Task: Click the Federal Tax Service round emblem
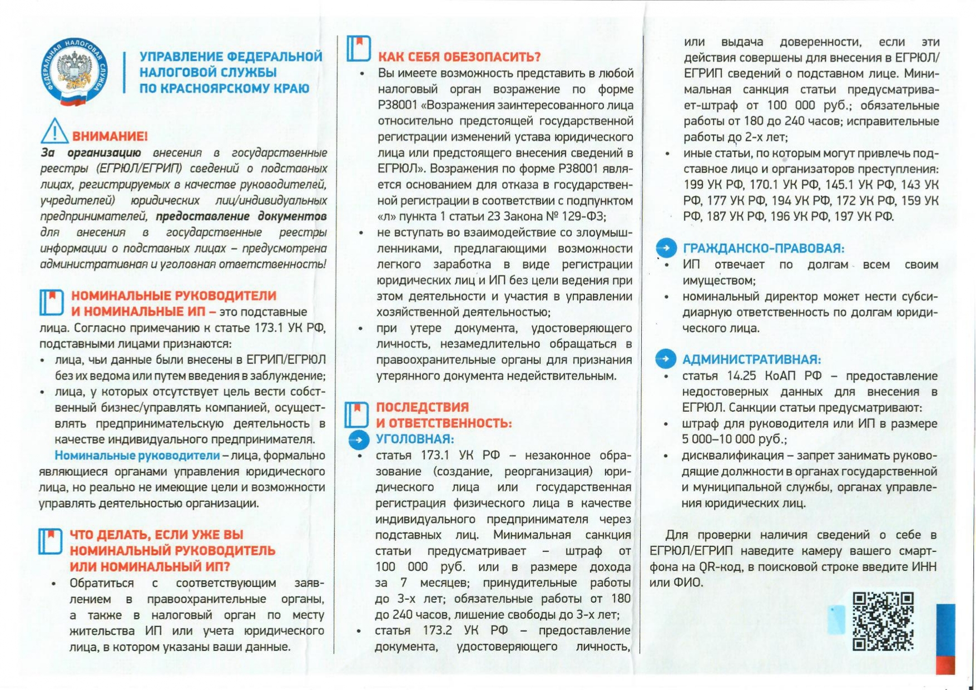click(x=74, y=72)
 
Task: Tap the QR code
click(x=883, y=621)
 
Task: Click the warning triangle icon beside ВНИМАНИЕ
click(x=54, y=131)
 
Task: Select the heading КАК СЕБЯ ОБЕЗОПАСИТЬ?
click(x=459, y=57)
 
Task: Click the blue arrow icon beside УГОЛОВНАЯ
click(x=359, y=440)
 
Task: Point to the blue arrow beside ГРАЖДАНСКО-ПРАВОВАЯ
click(x=666, y=248)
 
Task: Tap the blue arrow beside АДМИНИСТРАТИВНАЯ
click(x=665, y=359)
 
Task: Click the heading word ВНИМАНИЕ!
click(x=110, y=136)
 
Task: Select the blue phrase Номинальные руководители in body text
click(x=137, y=456)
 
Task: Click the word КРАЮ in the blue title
click(x=290, y=88)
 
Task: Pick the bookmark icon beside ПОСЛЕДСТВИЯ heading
click(x=356, y=415)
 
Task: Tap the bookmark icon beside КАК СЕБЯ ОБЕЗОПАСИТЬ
click(x=359, y=48)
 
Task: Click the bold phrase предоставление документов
click(x=241, y=216)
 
